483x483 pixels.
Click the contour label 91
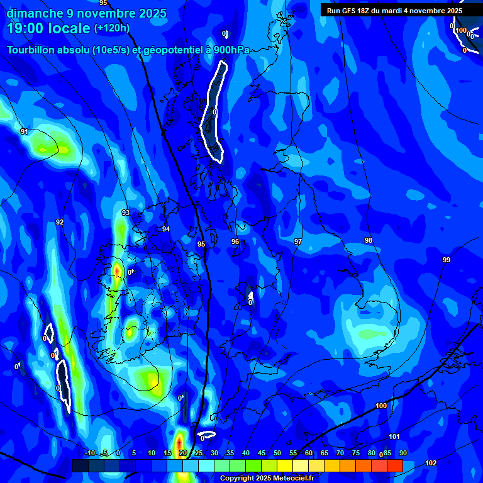point(25,131)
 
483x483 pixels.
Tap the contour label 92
point(60,222)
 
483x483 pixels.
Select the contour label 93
point(126,213)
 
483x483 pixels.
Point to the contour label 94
point(166,230)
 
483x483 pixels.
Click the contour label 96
point(235,241)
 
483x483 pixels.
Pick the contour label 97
point(298,241)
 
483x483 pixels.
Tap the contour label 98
point(369,240)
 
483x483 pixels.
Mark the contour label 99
point(447,260)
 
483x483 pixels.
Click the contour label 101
point(394,436)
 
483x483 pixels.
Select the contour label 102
point(431,464)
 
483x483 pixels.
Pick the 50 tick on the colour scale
point(277,453)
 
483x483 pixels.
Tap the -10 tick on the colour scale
point(90,453)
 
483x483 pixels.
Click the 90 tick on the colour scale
point(402,453)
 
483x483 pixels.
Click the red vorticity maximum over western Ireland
point(117,271)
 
